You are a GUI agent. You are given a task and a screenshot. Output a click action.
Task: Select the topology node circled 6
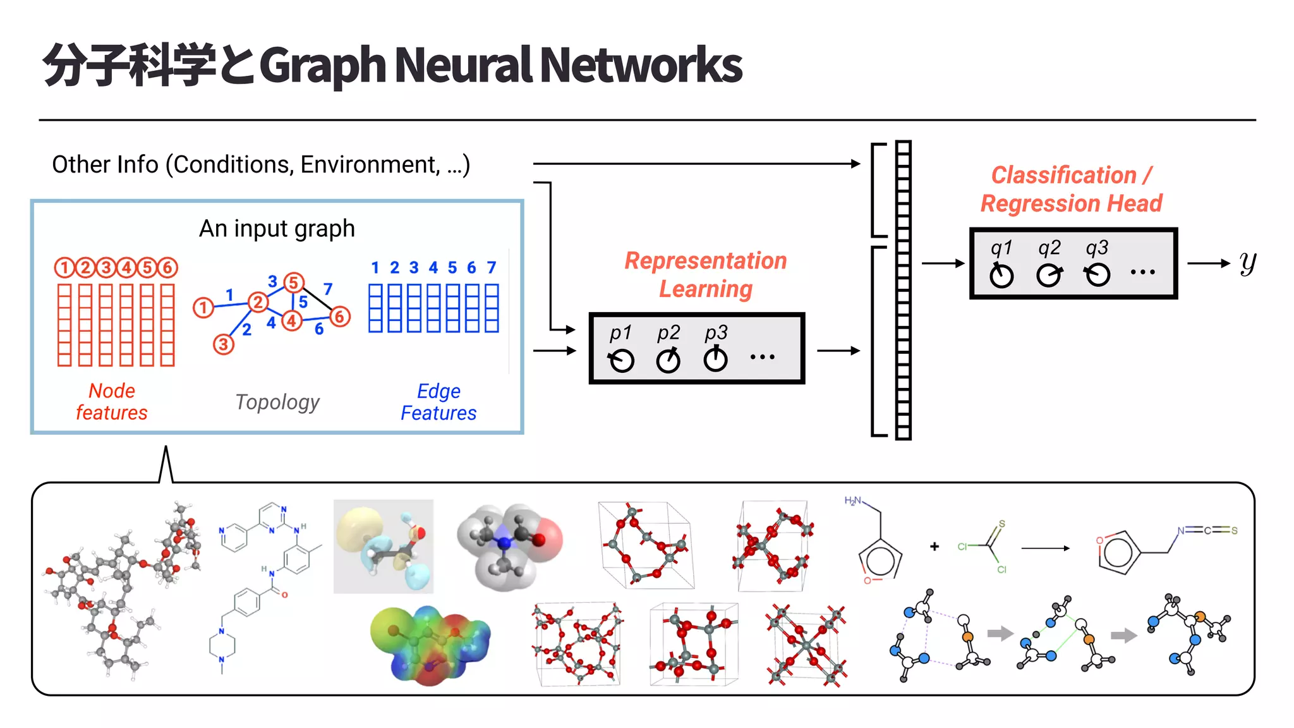pos(340,317)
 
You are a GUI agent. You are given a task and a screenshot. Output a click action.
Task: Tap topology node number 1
pos(203,308)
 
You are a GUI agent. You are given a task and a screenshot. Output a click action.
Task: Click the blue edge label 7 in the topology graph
pos(328,289)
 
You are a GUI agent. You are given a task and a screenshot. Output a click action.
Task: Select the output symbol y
pos(1247,263)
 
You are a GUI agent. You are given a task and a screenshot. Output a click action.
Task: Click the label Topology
pos(277,402)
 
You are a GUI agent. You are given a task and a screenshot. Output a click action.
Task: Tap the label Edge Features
pos(438,402)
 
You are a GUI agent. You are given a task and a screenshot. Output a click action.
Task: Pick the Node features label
pos(112,401)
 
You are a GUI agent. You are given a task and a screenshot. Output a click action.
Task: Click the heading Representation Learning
pos(706,274)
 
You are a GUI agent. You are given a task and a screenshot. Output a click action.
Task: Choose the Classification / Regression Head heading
pos(1071,189)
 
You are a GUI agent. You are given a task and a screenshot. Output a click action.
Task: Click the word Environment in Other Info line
pos(370,164)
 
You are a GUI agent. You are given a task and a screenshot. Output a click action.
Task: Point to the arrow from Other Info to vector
pos(695,164)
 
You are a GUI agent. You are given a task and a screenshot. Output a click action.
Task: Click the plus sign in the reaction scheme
pos(934,547)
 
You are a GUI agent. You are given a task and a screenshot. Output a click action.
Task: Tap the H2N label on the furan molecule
pos(853,501)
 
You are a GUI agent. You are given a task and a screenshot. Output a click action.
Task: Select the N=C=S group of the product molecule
pos(1207,530)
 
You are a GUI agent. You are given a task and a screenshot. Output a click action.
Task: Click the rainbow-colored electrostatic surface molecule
pos(430,645)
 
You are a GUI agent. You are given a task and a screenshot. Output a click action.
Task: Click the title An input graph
pos(277,228)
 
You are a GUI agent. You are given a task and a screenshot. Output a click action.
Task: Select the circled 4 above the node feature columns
pos(126,268)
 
